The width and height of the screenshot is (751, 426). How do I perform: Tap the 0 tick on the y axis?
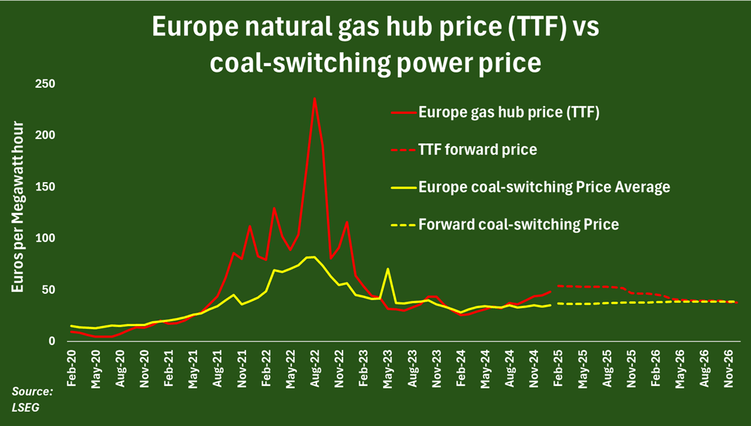coord(52,342)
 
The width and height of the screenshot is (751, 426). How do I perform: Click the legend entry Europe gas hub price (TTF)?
coord(508,112)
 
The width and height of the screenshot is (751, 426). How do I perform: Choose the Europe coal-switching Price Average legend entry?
coord(544,187)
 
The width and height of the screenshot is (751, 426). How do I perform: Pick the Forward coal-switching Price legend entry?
coord(518,225)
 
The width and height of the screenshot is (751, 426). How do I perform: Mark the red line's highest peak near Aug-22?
coord(314,98)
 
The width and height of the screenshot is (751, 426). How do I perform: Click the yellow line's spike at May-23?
coord(387,269)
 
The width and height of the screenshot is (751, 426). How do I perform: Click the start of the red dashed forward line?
coord(557,286)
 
